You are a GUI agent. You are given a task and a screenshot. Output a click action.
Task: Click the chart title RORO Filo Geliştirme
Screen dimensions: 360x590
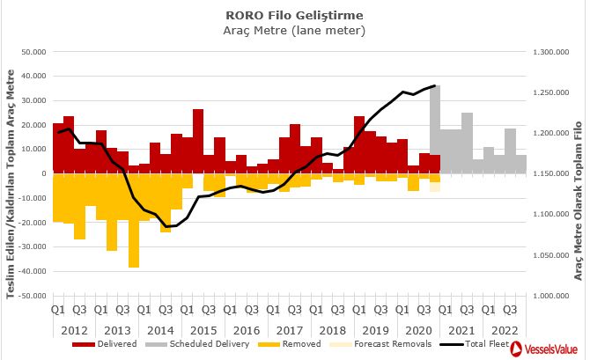point(294,15)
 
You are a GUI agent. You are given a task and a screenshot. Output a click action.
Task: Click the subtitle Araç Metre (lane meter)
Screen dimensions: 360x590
point(294,30)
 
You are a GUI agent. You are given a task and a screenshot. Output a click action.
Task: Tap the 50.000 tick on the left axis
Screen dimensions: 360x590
point(33,52)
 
